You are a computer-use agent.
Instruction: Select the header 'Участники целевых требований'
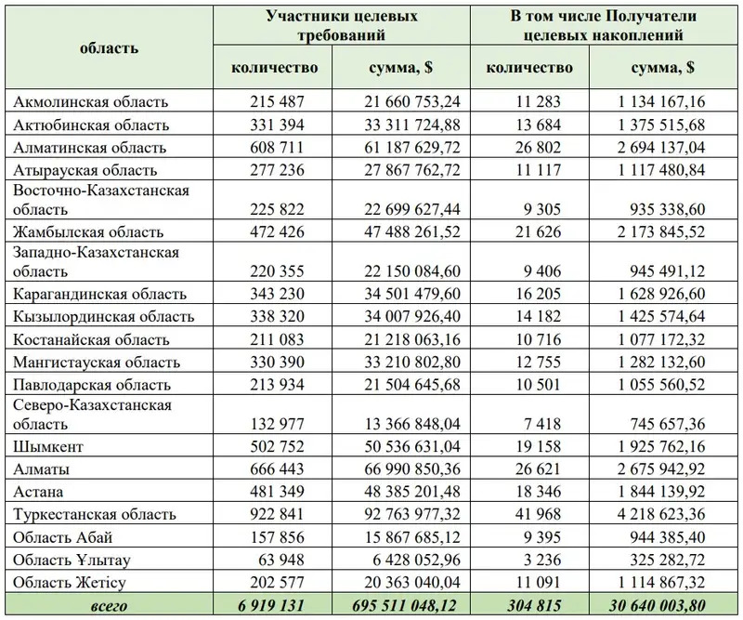342,26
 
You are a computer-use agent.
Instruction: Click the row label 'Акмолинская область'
91,102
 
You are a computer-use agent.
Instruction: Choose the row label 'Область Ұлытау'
72,561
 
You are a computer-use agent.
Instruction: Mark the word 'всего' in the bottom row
109,606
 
